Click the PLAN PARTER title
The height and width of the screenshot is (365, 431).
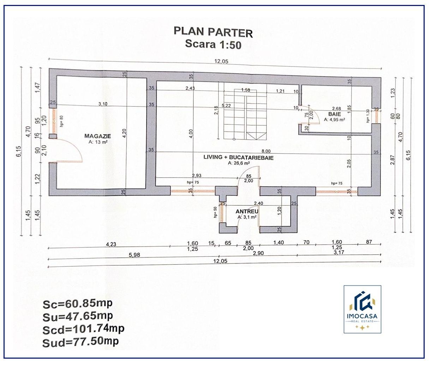pos(213,32)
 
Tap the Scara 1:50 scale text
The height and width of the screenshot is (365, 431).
pos(213,44)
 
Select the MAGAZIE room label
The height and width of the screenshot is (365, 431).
pos(97,136)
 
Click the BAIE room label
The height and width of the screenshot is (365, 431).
pos(335,114)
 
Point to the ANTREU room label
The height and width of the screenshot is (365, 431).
pos(247,211)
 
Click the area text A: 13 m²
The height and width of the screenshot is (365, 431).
pos(98,142)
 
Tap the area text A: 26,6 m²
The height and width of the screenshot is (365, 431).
pos(239,163)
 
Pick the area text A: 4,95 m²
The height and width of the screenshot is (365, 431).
pos(334,120)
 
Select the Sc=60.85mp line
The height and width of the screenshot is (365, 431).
pos(78,304)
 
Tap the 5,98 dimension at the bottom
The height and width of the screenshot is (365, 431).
pos(134,255)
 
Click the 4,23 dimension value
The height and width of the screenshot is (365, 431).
pos(111,245)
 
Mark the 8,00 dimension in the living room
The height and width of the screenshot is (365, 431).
pos(266,151)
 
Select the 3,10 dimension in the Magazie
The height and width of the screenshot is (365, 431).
pos(103,104)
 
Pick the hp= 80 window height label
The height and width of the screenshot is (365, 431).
pos(61,121)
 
